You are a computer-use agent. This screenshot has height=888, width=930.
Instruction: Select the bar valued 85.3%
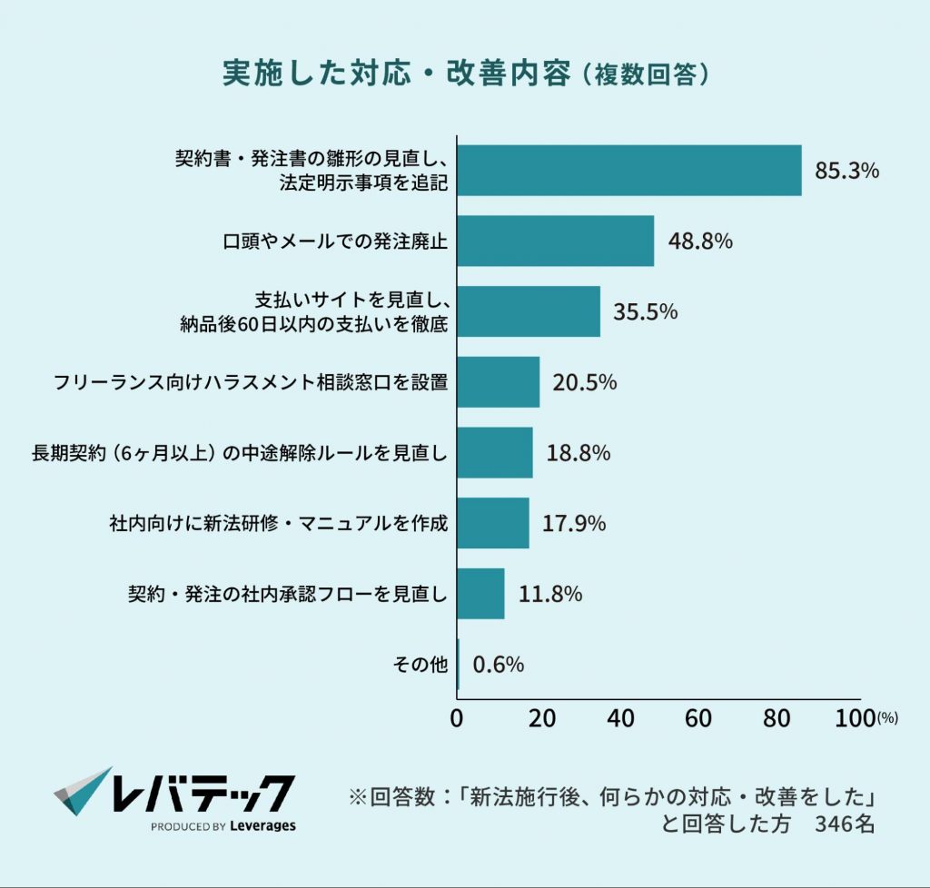628,171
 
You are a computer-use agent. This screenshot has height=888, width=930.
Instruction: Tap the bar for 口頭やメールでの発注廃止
555,241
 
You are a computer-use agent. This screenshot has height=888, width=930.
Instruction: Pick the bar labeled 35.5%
528,311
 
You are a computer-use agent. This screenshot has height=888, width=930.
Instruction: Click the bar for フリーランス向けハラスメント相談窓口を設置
498,382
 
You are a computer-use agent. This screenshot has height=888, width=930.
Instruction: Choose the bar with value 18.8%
494,452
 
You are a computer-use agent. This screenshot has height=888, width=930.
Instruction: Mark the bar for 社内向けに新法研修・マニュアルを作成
492,523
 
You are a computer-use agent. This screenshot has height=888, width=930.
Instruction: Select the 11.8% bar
480,594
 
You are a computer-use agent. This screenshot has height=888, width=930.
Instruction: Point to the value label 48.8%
700,242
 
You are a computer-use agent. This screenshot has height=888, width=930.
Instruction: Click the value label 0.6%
499,665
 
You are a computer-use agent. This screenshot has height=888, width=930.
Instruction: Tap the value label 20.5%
584,382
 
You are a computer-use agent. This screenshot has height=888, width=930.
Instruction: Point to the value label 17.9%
573,524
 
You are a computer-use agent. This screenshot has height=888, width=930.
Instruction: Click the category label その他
420,665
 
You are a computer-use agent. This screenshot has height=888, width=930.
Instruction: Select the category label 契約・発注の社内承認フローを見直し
288,595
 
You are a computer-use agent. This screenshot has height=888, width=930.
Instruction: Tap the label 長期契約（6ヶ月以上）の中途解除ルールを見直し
240,453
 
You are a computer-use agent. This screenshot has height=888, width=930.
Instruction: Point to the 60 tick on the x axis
697,718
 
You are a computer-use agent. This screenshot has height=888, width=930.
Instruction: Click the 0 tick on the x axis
457,718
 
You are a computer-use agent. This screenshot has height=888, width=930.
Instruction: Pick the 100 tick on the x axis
855,718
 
